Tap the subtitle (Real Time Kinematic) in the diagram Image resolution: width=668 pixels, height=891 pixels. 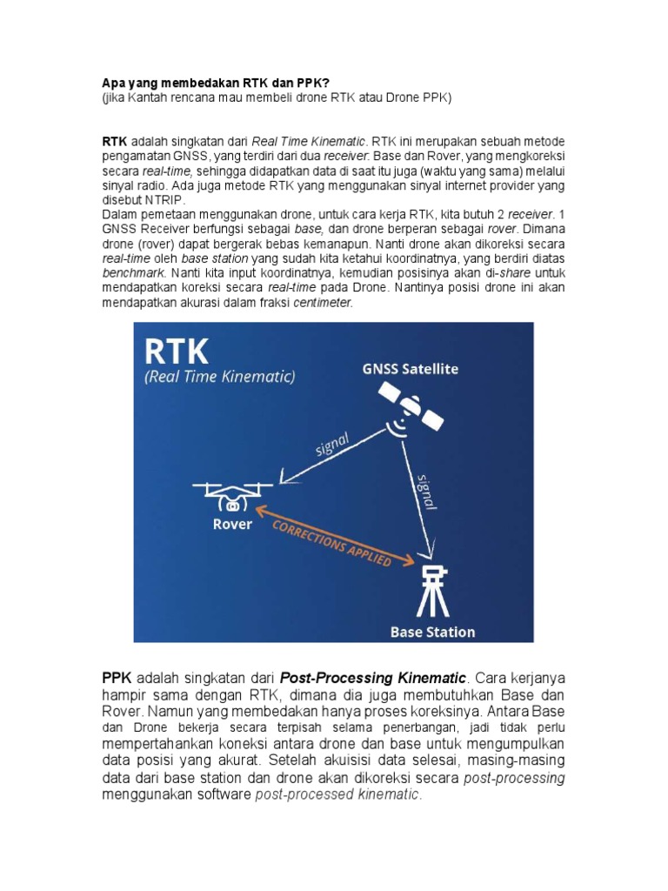point(220,377)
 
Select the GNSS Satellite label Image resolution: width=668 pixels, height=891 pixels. point(411,369)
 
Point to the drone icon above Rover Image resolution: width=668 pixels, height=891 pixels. point(232,496)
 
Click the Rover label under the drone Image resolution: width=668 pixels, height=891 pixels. point(232,524)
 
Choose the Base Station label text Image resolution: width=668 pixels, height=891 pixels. point(432,632)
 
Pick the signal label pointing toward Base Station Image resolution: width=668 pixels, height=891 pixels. point(427,492)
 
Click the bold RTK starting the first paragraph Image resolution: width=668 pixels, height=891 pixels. point(115,141)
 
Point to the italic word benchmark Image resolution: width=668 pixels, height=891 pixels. point(130,272)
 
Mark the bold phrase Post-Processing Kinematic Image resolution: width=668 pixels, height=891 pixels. point(373,677)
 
